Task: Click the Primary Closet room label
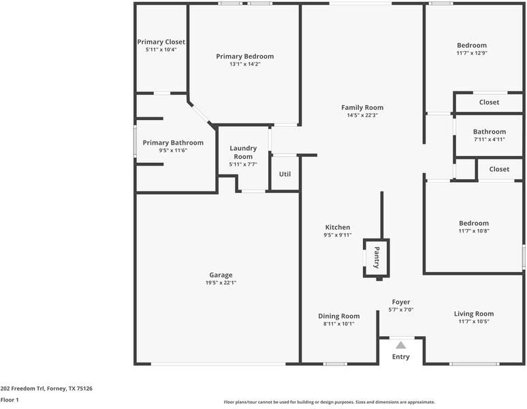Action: point(161,42)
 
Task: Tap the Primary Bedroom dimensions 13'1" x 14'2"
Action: point(245,64)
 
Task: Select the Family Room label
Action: point(362,108)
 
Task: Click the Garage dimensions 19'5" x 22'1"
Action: point(221,282)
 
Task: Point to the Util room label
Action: point(285,175)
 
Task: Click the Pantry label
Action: point(377,258)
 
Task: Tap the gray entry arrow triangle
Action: point(400,345)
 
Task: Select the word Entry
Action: point(400,357)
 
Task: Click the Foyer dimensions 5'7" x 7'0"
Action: point(401,309)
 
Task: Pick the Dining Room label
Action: point(339,316)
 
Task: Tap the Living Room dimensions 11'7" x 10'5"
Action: point(474,321)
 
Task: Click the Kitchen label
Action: point(338,228)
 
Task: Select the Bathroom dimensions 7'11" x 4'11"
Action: point(490,139)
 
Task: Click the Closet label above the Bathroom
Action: point(489,102)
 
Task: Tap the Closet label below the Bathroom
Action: point(499,169)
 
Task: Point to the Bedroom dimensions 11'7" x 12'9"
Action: point(472,52)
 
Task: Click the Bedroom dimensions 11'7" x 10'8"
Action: point(474,230)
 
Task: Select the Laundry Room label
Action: point(243,153)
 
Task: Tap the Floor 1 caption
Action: point(10,400)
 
